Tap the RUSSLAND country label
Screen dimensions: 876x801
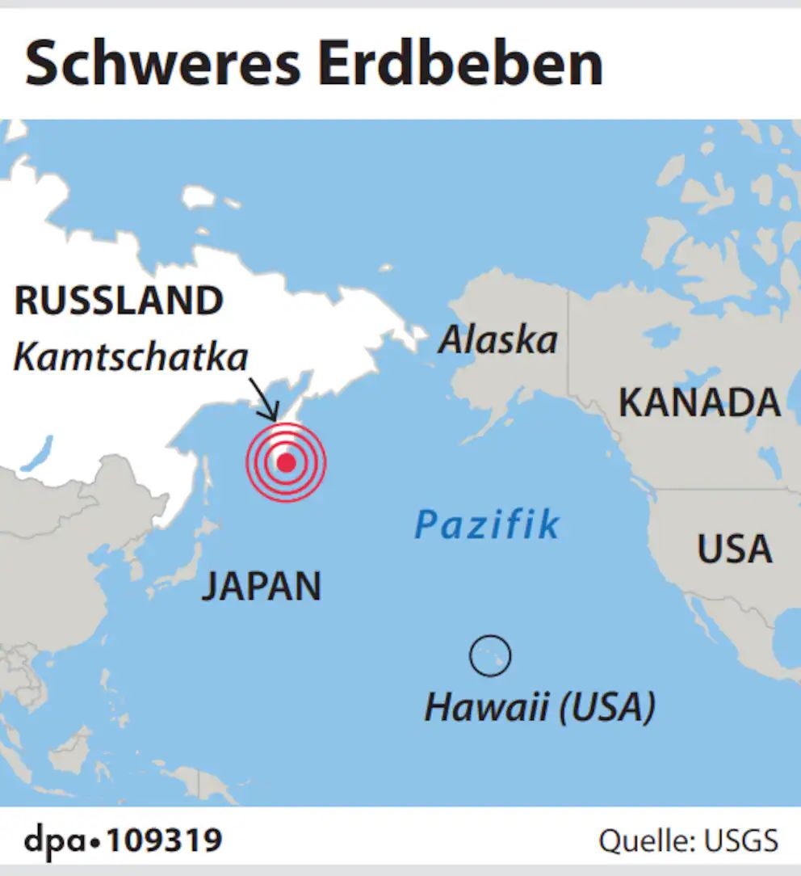[119, 301]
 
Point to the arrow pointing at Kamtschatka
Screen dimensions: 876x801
[265, 399]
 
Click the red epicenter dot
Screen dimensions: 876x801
[286, 462]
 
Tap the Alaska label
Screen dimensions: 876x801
[497, 339]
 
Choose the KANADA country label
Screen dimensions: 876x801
[699, 402]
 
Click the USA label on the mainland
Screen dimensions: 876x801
[734, 550]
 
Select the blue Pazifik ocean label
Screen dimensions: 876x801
[487, 525]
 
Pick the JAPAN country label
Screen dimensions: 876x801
[261, 586]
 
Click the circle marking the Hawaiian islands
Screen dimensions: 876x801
[490, 655]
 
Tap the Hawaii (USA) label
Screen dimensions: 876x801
[539, 709]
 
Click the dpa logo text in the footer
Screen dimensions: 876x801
[55, 840]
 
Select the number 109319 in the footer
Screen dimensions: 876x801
[165, 840]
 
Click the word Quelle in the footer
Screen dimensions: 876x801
[642, 841]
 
